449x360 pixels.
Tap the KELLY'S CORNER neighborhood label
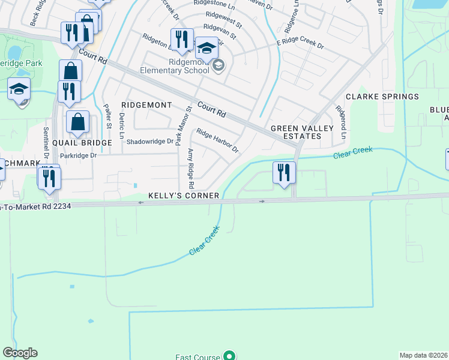point(185,196)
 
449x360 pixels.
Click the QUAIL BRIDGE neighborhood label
point(82,143)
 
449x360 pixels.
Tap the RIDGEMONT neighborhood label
point(146,105)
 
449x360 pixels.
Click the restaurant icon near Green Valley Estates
point(283,172)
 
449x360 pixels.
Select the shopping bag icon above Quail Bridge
point(78,122)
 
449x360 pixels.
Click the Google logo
point(20,353)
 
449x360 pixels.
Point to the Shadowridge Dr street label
point(150,142)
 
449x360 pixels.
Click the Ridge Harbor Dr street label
point(217,141)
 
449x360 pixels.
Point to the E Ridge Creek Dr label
point(300,45)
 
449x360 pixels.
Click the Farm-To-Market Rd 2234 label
point(36,206)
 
